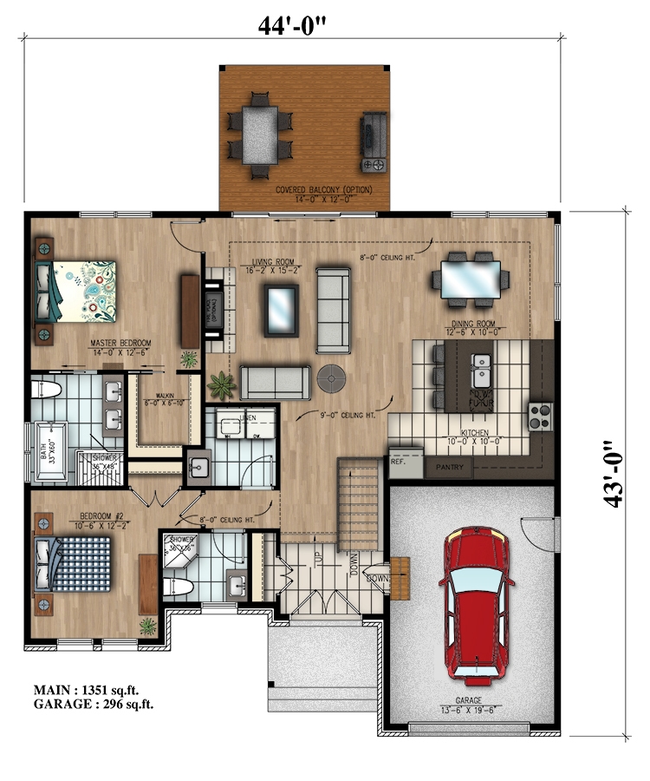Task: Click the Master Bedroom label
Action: pos(121,345)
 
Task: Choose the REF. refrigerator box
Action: pos(400,463)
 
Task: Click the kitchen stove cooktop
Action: pos(540,417)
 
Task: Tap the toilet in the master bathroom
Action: pos(48,390)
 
